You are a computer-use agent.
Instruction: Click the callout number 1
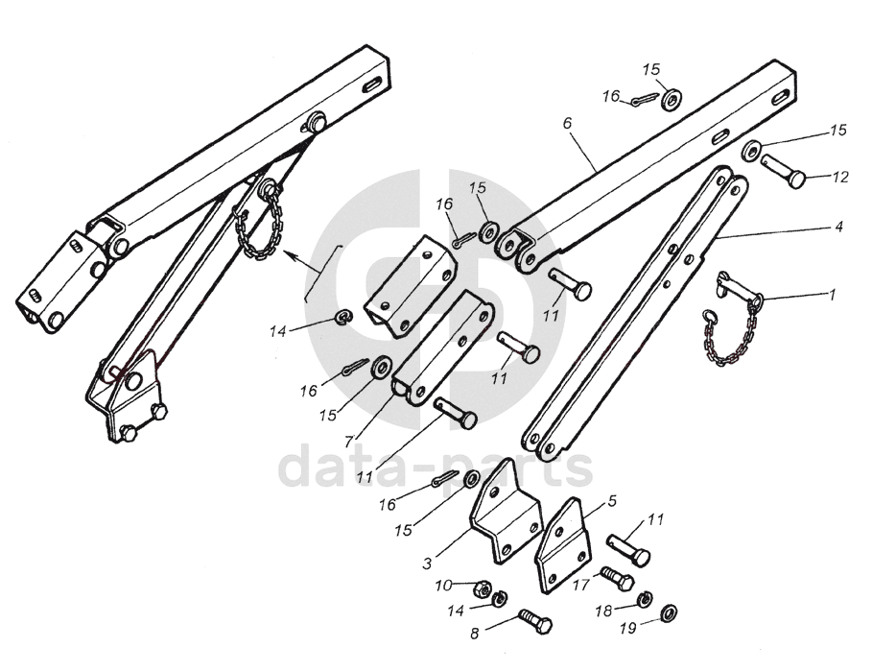click(833, 295)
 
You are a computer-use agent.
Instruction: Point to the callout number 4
click(838, 228)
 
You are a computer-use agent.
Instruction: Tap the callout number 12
click(839, 178)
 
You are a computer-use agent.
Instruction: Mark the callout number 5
click(612, 501)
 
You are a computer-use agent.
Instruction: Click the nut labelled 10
click(484, 588)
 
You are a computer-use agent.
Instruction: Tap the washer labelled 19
click(668, 611)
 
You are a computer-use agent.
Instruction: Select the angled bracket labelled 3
click(504, 518)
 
